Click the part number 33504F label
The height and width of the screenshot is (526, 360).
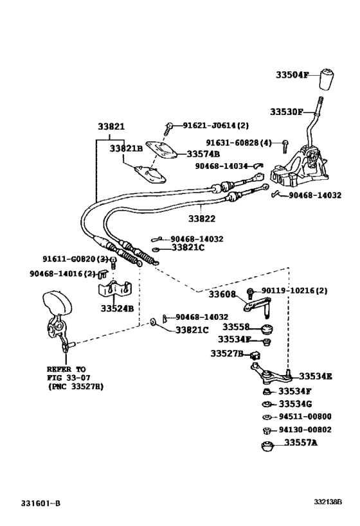[x=292, y=75]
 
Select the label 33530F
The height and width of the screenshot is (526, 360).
[x=285, y=112]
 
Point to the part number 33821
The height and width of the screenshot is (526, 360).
[x=111, y=127]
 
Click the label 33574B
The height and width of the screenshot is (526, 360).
[x=203, y=154]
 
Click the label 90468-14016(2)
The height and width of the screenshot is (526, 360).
[x=62, y=273]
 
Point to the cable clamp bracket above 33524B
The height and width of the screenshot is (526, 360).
[x=114, y=288]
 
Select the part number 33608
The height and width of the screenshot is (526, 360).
[x=222, y=294]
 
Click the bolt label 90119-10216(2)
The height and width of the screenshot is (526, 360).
[x=294, y=290]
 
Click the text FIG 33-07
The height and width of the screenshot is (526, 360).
[x=66, y=378]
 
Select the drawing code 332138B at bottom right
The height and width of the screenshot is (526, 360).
[x=328, y=501]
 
